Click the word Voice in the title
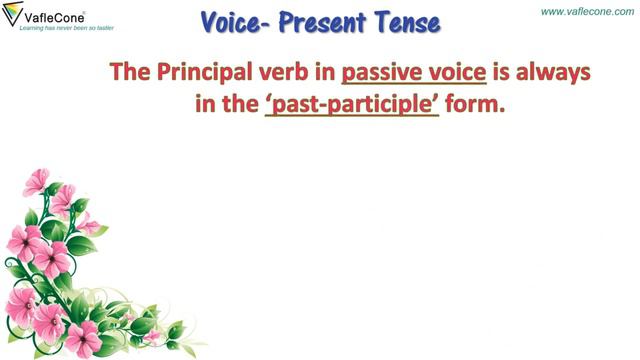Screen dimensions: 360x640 point(233,22)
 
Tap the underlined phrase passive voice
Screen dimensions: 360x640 point(414,73)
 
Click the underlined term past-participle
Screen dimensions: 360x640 point(352,105)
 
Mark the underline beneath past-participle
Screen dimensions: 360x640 point(352,120)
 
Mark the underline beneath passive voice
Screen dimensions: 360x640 point(414,87)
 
